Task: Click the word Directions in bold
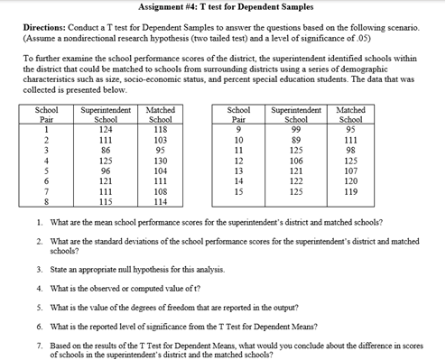[48, 28]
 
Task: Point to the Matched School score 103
[160, 140]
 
